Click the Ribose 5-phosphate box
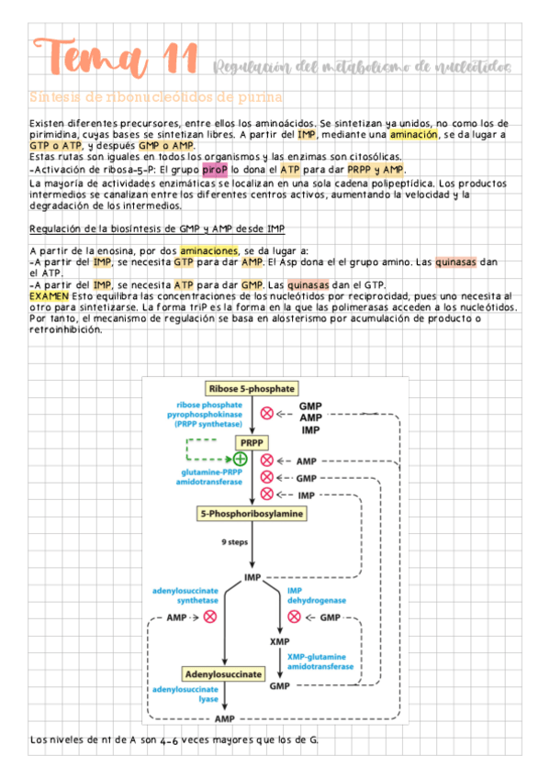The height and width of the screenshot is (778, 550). click(x=251, y=387)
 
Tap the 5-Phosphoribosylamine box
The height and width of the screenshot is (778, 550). click(x=251, y=514)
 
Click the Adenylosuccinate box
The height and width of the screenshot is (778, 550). click(x=224, y=673)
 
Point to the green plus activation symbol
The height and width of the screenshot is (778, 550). click(x=240, y=459)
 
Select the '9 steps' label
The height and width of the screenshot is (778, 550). click(x=235, y=542)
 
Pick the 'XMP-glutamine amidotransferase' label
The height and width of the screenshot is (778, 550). click(x=320, y=661)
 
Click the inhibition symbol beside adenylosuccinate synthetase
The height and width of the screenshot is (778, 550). click(x=210, y=617)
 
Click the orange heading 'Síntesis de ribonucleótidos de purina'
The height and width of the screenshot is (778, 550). click(x=156, y=96)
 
